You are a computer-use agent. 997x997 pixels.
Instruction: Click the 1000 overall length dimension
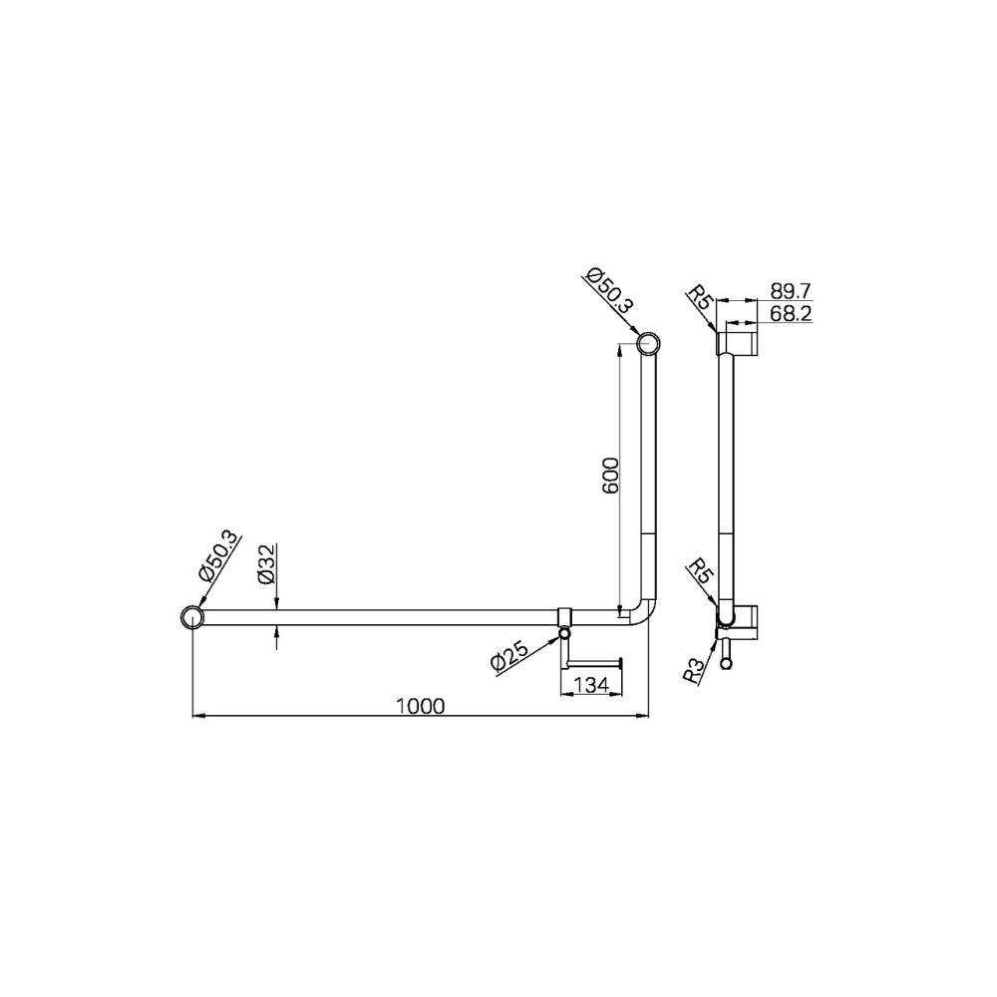pyautogui.click(x=419, y=705)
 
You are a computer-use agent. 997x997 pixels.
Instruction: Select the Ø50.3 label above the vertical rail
pyautogui.click(x=609, y=292)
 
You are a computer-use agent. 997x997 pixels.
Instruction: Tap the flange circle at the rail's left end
pyautogui.click(x=190, y=618)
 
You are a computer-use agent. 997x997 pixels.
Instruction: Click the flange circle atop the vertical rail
pyautogui.click(x=648, y=345)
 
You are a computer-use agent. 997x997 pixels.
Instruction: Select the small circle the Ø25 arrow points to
pyautogui.click(x=565, y=633)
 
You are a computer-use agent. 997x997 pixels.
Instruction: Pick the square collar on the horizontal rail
pyautogui.click(x=565, y=615)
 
